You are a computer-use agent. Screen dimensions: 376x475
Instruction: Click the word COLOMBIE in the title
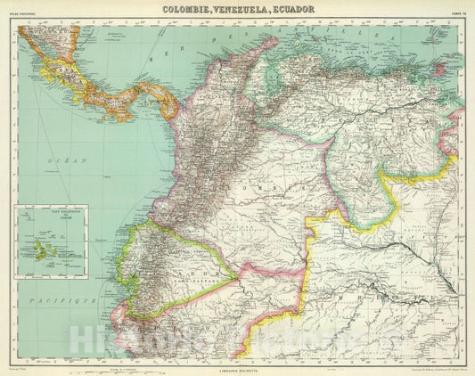[x=191, y=9]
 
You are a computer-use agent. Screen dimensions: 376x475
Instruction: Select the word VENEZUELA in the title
[x=246, y=9]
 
